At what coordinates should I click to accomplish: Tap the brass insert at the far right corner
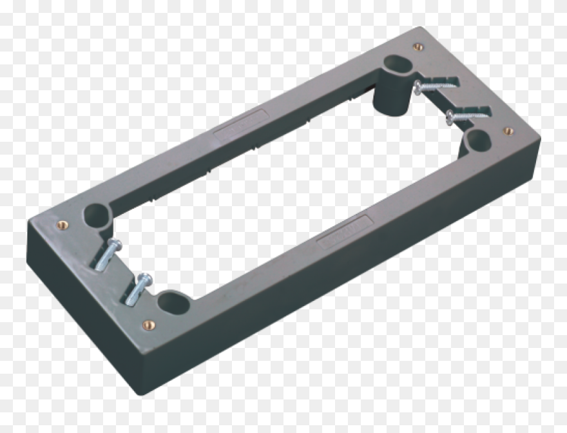coord(508,130)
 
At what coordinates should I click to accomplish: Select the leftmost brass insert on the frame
coord(62,225)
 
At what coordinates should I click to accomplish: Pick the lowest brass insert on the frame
coord(149,325)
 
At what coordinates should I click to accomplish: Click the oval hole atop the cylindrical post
coord(395,64)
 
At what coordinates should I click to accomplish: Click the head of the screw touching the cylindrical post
coord(418,87)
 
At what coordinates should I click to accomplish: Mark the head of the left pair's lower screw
coord(145,280)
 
